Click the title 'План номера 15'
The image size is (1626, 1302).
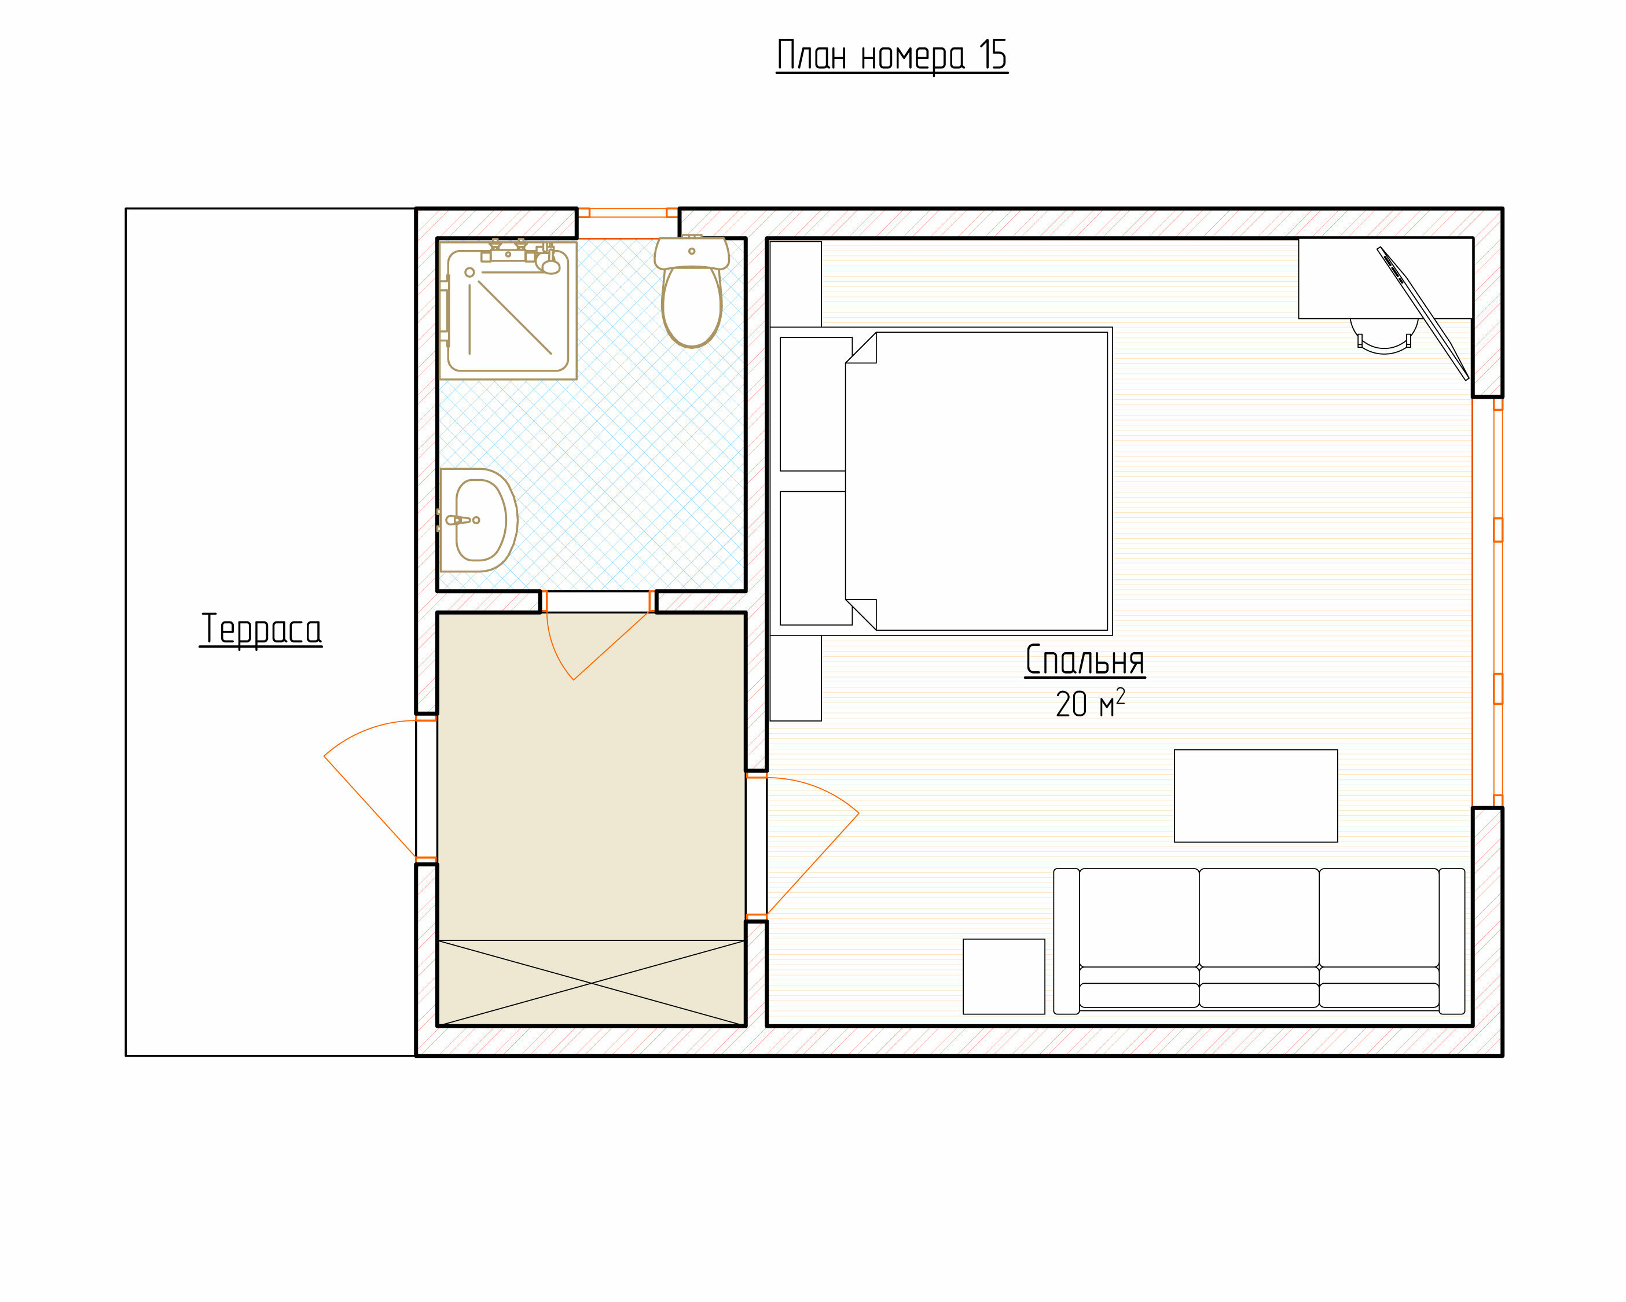(892, 56)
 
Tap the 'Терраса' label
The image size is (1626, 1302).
(261, 630)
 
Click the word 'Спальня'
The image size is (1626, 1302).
(1085, 660)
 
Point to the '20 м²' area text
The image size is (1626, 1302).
(1090, 703)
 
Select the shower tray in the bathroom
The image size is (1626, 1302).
(508, 309)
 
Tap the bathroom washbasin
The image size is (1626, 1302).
(478, 520)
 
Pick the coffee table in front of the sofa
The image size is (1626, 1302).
(1256, 795)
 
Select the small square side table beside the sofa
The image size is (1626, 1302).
(1004, 976)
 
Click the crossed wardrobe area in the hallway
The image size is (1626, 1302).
(591, 983)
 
